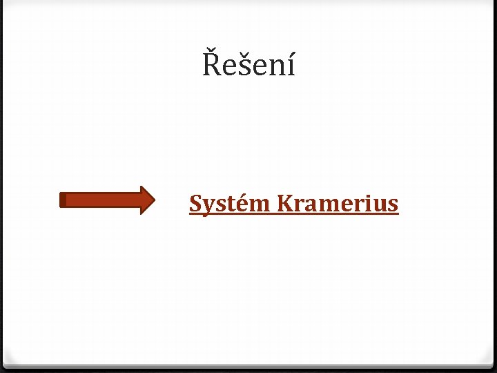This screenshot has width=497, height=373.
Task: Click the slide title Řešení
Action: point(248,66)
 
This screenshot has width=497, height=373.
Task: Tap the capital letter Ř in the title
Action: point(211,65)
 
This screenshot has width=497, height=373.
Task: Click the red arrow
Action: point(107,200)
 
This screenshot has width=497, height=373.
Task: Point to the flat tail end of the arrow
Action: point(62,200)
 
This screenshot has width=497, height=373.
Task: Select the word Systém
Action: point(230,204)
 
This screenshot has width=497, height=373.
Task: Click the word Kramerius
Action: point(337,204)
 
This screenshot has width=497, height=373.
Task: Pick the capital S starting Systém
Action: point(195,204)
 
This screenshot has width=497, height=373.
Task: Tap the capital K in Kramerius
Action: point(284,204)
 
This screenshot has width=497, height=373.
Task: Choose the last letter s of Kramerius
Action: point(393,205)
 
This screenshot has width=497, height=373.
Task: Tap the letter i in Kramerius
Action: point(368,204)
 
